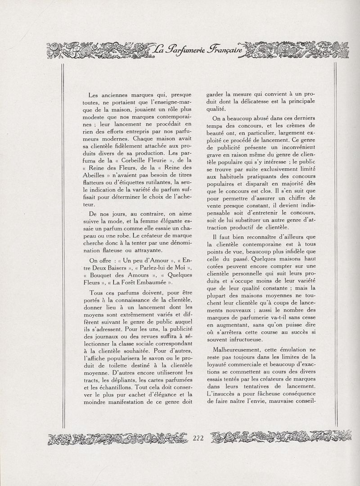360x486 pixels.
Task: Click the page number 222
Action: coord(198,439)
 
